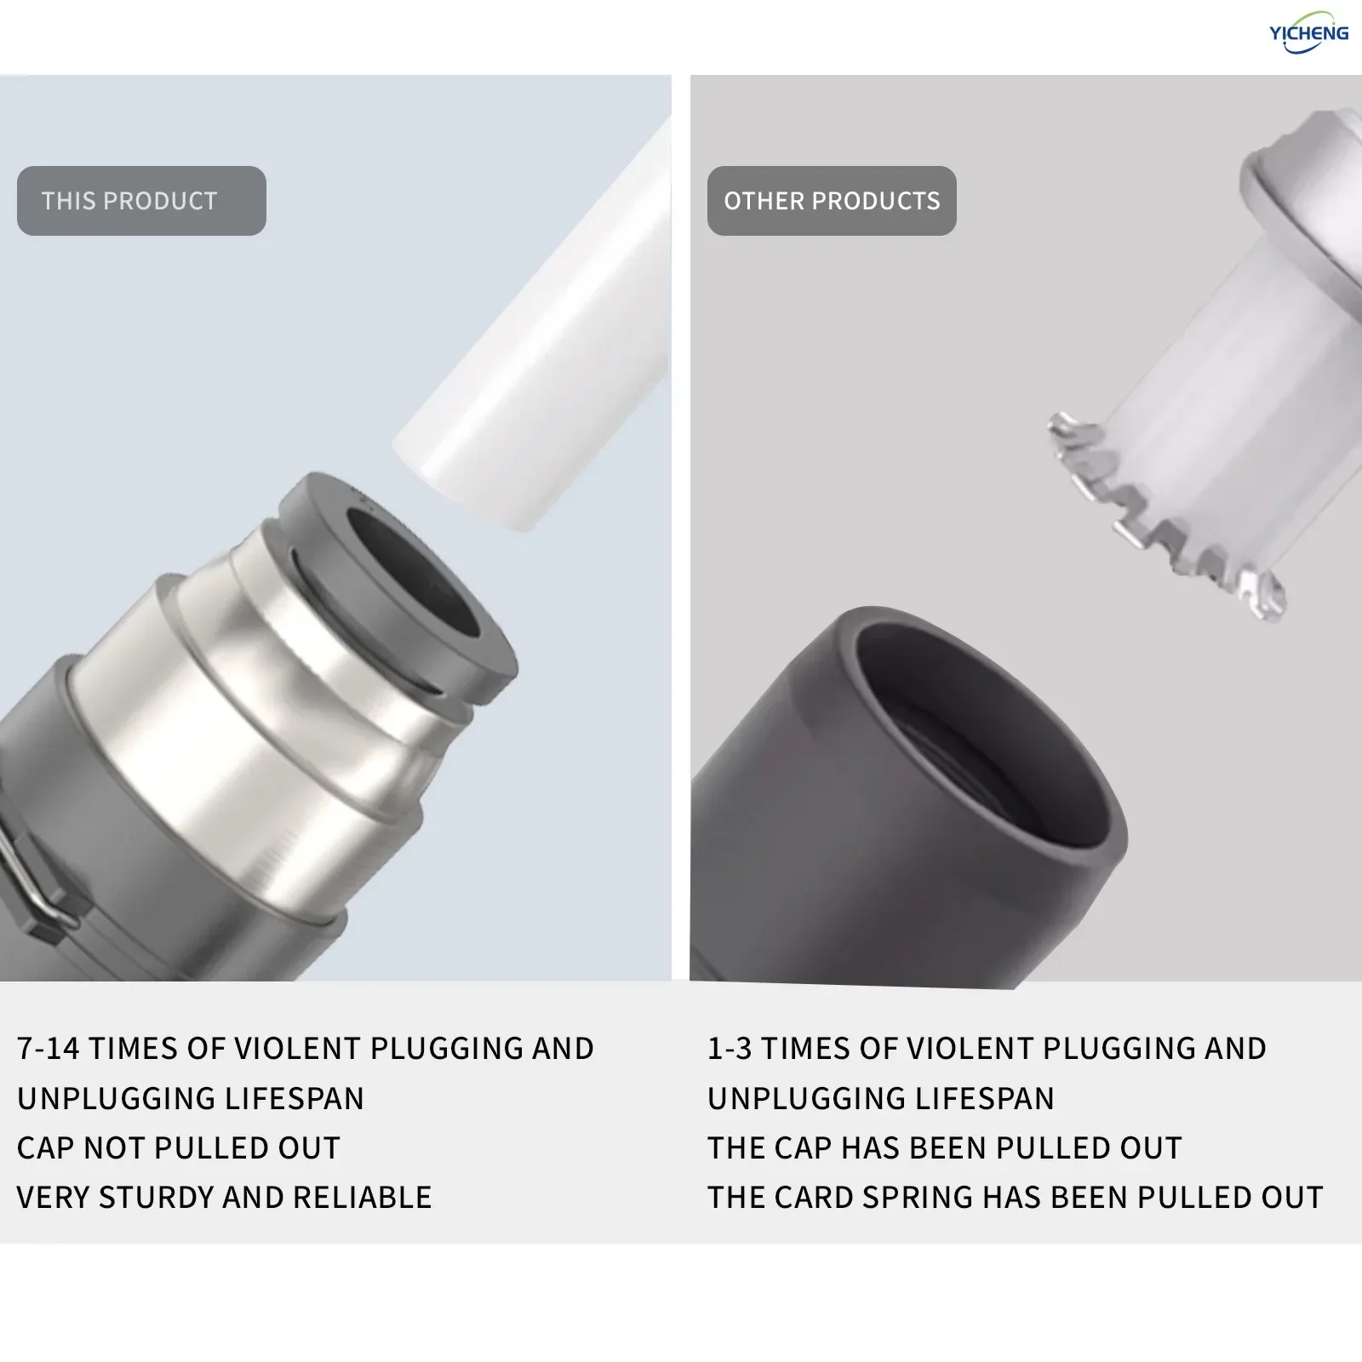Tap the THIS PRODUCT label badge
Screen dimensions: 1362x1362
[x=141, y=201]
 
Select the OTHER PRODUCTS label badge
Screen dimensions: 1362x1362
[x=832, y=201]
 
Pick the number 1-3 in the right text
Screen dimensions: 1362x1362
[x=730, y=1049]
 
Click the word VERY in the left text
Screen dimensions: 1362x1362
[x=54, y=1198]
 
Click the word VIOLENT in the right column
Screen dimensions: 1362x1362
[x=970, y=1049]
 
